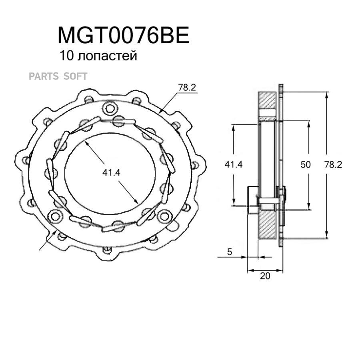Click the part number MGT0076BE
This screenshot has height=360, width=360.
click(123, 36)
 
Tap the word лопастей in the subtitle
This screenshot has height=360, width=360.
click(108, 56)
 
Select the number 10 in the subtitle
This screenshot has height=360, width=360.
click(66, 56)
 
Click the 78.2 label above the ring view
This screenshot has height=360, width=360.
click(187, 88)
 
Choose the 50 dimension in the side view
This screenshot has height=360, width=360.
click(306, 164)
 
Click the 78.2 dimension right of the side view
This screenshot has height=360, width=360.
click(332, 164)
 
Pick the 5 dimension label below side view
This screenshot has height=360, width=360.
click(229, 252)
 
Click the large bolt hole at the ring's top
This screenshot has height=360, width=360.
click(108, 107)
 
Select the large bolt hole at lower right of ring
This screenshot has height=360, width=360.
click(163, 216)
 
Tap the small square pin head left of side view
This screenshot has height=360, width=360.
click(252, 200)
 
